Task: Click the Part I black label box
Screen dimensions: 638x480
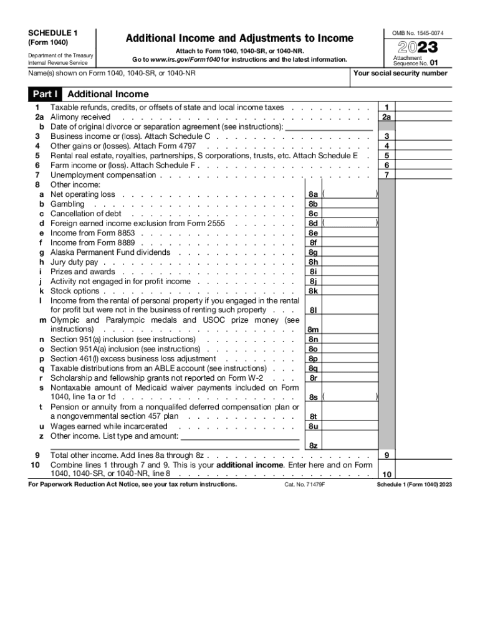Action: pyautogui.click(x=45, y=95)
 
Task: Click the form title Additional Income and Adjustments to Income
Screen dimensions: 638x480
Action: pyautogui.click(x=239, y=39)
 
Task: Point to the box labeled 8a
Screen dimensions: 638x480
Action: pyautogui.click(x=313, y=194)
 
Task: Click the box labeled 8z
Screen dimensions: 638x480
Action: pyautogui.click(x=313, y=445)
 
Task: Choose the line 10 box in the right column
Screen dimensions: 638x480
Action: pyautogui.click(x=387, y=474)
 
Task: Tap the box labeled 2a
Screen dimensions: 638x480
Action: pyautogui.click(x=387, y=117)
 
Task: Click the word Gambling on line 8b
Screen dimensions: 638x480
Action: pyautogui.click(x=67, y=204)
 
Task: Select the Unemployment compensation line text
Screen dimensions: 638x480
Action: pyautogui.click(x=103, y=175)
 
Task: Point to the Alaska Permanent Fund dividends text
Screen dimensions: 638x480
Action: pyautogui.click(x=110, y=252)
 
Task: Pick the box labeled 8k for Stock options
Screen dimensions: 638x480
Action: pyautogui.click(x=313, y=291)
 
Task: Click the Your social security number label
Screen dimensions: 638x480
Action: pyautogui.click(x=400, y=74)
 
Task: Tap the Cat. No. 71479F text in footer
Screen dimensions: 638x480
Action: pyautogui.click(x=305, y=484)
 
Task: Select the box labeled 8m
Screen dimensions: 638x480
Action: pyautogui.click(x=313, y=330)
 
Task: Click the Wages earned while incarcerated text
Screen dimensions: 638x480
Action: pyautogui.click(x=108, y=426)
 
